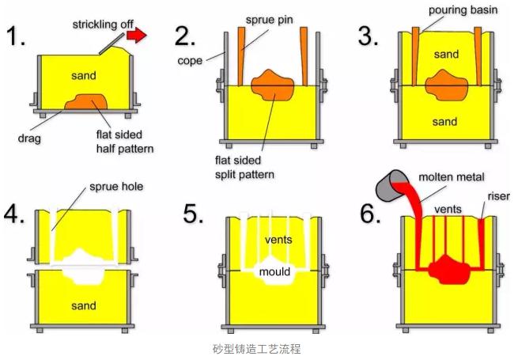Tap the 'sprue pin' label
(269, 17)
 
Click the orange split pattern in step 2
(273, 86)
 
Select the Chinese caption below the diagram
(259, 348)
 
